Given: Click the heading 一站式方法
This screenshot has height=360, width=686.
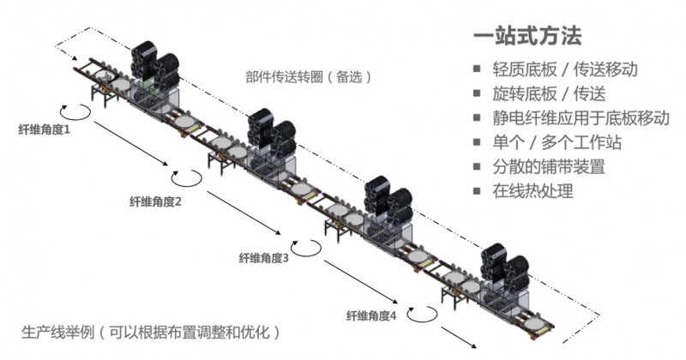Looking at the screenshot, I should click(527, 37).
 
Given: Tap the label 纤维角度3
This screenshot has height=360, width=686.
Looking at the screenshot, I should click(262, 257).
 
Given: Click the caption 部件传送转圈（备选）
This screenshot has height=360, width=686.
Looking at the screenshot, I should click(308, 76).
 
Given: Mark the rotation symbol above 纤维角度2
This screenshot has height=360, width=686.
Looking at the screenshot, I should click(186, 177).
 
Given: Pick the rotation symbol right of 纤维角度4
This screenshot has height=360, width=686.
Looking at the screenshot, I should click(422, 314).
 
